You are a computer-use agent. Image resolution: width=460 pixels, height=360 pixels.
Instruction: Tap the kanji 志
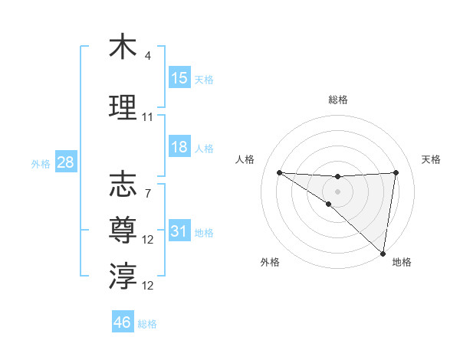tap(123, 185)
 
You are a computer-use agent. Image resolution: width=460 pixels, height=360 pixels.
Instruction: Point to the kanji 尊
tap(123, 231)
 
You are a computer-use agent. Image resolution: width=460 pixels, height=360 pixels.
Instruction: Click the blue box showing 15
tap(179, 78)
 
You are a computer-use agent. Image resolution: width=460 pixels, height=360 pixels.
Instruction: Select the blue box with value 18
tap(179, 147)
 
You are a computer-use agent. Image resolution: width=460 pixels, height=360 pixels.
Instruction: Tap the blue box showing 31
tap(179, 231)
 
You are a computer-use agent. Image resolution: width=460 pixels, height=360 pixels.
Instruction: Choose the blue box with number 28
tap(64, 162)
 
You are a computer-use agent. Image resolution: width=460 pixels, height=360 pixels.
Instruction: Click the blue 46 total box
tap(123, 322)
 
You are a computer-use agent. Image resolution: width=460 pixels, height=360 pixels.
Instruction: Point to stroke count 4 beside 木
tap(148, 56)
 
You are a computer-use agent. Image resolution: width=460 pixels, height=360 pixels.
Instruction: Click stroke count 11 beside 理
tap(148, 117)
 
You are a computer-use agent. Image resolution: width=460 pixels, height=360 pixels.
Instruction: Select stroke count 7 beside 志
tap(148, 194)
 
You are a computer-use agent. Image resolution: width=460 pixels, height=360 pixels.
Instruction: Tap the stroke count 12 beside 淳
tap(148, 286)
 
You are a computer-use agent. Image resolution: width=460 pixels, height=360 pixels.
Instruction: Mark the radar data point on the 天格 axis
tap(396, 172)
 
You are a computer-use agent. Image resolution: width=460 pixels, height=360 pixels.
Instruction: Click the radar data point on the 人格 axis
tap(279, 172)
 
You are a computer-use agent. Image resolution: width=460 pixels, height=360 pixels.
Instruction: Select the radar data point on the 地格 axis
tap(383, 254)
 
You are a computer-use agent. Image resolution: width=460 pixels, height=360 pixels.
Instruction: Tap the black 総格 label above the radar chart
tap(338, 100)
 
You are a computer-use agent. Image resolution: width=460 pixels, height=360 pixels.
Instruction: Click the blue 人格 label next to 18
tap(204, 148)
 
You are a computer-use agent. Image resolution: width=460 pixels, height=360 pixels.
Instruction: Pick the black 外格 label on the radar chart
tap(270, 263)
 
